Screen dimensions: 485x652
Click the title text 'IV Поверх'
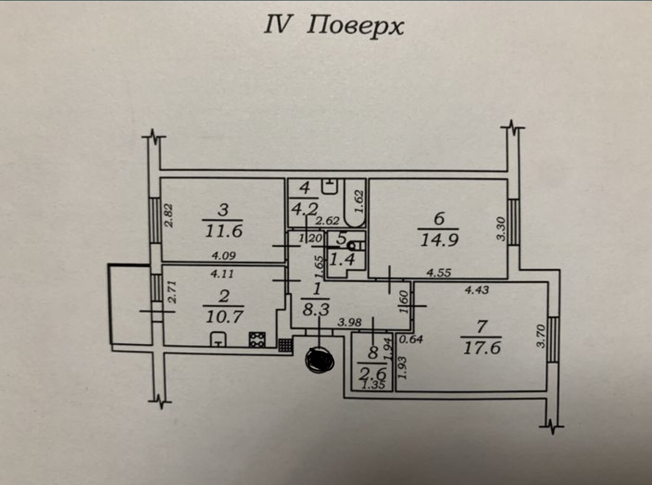click(334, 26)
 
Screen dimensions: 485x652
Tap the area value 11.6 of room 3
click(223, 230)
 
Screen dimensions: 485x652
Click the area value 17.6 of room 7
click(481, 347)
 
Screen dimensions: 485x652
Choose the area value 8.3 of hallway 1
click(316, 310)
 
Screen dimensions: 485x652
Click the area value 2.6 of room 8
click(372, 374)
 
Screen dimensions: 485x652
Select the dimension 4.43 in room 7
click(477, 289)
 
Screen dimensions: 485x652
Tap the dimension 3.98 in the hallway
click(350, 323)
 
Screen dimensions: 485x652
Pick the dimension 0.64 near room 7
click(412, 340)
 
